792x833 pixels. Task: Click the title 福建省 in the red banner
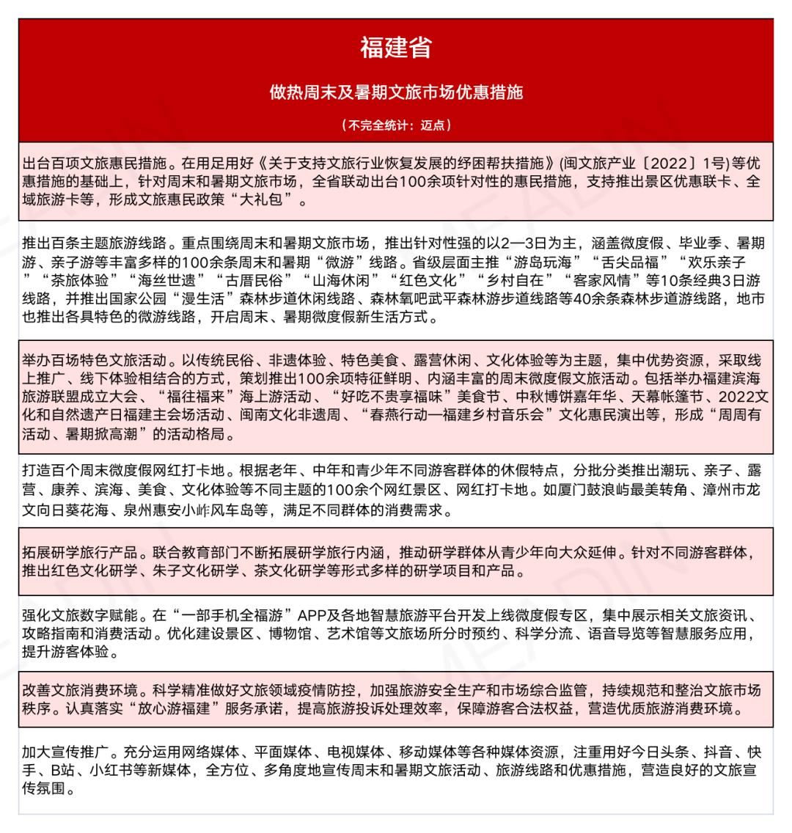395,48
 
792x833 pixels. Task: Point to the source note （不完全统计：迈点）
395,125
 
